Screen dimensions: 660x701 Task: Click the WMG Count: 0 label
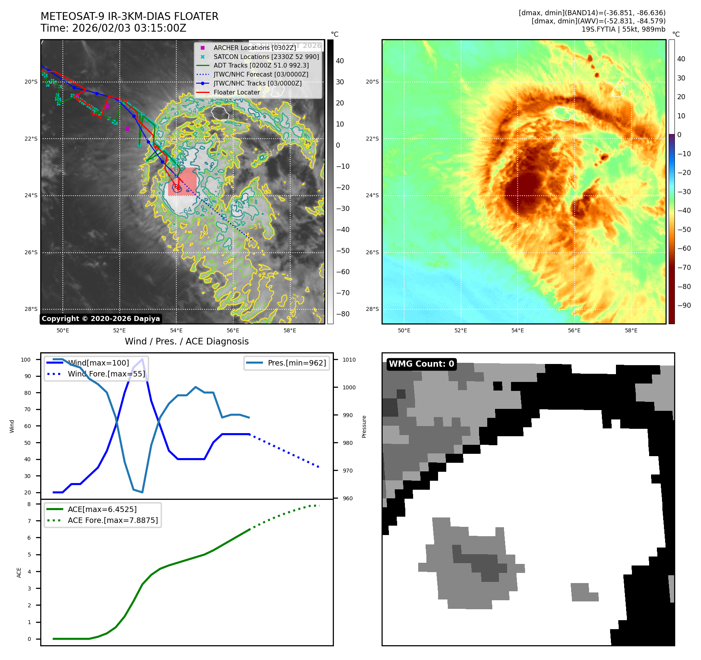(x=421, y=364)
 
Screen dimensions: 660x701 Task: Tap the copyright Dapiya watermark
(x=101, y=319)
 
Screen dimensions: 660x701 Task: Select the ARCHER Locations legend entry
(x=254, y=48)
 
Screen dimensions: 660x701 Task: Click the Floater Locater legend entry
(x=236, y=92)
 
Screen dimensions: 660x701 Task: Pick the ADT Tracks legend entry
(x=261, y=66)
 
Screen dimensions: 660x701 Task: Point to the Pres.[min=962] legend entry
(x=296, y=363)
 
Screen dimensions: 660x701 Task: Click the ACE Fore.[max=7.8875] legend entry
(x=113, y=520)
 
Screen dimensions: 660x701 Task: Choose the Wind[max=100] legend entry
(x=98, y=363)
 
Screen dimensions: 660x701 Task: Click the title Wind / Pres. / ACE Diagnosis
(x=186, y=341)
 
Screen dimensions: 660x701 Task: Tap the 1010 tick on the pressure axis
(x=349, y=360)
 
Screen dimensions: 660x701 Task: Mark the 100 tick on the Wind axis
(x=26, y=360)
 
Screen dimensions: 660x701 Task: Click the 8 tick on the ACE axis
(x=29, y=504)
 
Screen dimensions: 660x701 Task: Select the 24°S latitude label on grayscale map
(x=31, y=196)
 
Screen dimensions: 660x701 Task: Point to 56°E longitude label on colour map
(x=574, y=330)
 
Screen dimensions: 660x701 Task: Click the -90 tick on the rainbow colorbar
(x=684, y=305)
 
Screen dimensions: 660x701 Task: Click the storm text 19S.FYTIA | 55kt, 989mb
(x=623, y=29)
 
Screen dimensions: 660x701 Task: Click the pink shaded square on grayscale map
(x=182, y=182)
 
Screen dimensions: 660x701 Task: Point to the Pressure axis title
(x=364, y=426)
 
